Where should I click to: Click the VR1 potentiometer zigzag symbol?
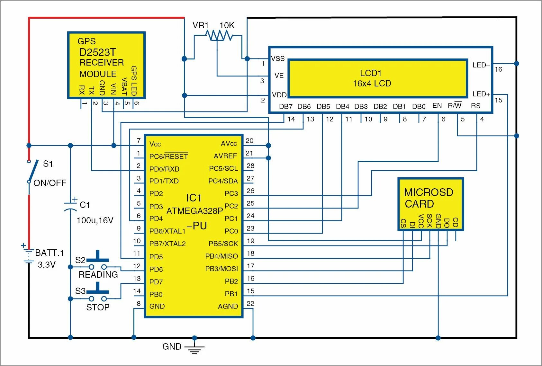(x=220, y=35)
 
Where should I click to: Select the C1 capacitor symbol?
(x=70, y=206)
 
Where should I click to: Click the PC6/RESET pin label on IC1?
(x=168, y=156)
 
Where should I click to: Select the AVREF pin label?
(x=225, y=156)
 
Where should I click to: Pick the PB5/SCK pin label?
(x=223, y=244)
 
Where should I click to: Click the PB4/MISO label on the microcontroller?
(x=221, y=256)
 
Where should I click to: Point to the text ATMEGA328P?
(x=194, y=211)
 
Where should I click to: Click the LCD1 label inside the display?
(x=370, y=73)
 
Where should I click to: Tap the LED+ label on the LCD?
(x=481, y=94)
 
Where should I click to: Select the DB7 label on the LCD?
(x=285, y=107)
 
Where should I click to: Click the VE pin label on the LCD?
(x=279, y=76)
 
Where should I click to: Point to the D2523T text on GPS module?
(x=97, y=52)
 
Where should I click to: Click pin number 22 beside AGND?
(x=250, y=304)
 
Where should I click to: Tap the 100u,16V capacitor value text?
(x=95, y=220)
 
